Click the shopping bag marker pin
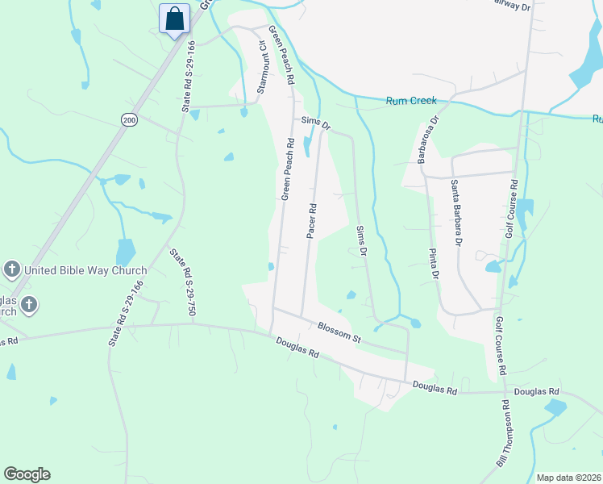(x=175, y=19)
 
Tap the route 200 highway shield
(x=129, y=119)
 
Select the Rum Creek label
(x=411, y=101)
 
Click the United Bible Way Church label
(x=85, y=271)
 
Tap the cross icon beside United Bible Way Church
(x=11, y=269)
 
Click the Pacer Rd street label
(x=311, y=220)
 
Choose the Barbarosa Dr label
(x=426, y=142)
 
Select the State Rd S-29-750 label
(x=182, y=282)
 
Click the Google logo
(x=27, y=474)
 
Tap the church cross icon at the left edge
(x=28, y=304)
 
